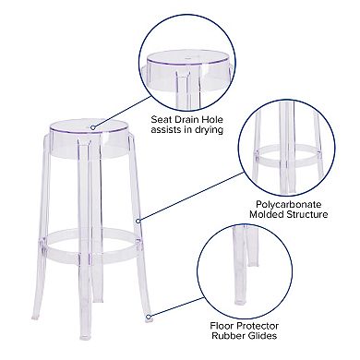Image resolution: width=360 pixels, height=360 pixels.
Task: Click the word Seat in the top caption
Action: point(163,119)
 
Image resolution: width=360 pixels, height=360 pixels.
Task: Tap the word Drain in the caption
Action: point(196,119)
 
